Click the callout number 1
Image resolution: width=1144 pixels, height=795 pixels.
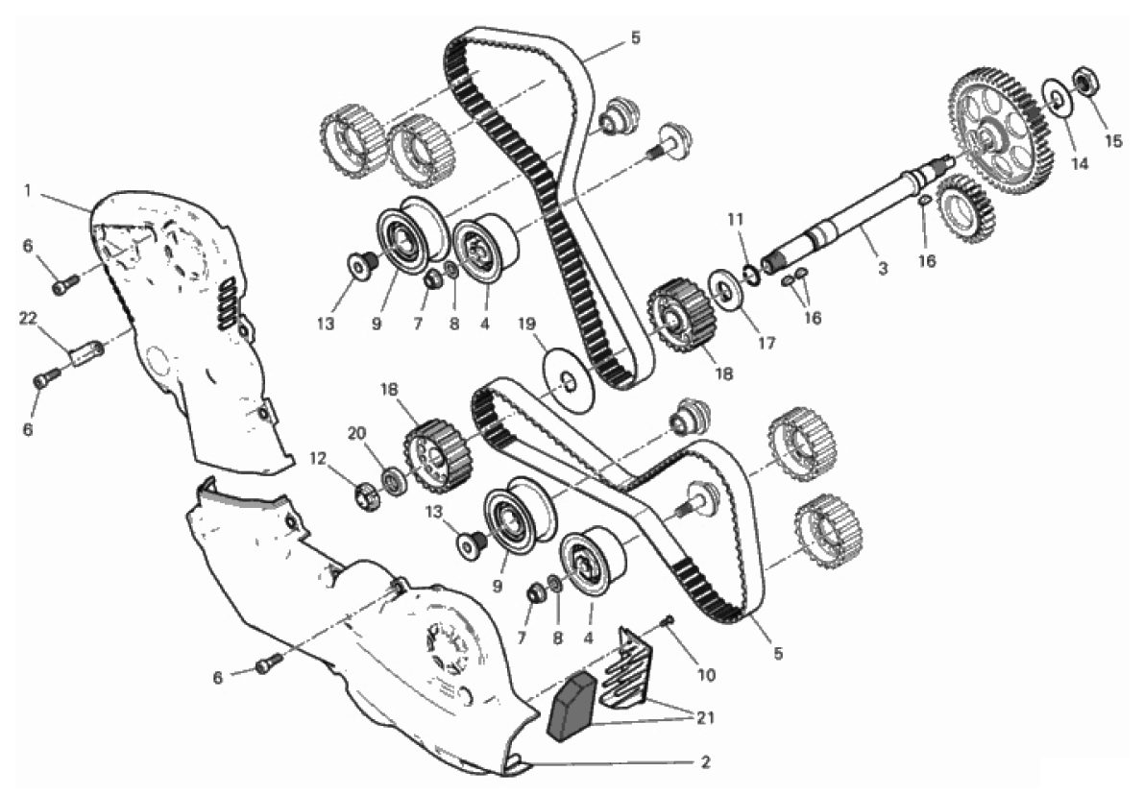point(28,191)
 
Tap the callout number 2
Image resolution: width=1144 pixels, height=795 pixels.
point(705,763)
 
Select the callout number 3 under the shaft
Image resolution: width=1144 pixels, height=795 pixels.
point(884,269)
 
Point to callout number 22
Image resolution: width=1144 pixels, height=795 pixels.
point(28,318)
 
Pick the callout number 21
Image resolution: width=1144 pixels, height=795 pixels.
point(705,717)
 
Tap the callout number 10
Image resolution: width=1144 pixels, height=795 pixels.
point(706,675)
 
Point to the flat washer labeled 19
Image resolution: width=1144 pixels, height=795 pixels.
point(570,377)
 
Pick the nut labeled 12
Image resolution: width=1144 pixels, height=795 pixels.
point(366,496)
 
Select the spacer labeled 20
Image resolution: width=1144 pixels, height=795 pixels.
point(395,480)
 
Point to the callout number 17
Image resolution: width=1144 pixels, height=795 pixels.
point(767,342)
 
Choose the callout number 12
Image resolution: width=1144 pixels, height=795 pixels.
point(317,459)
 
